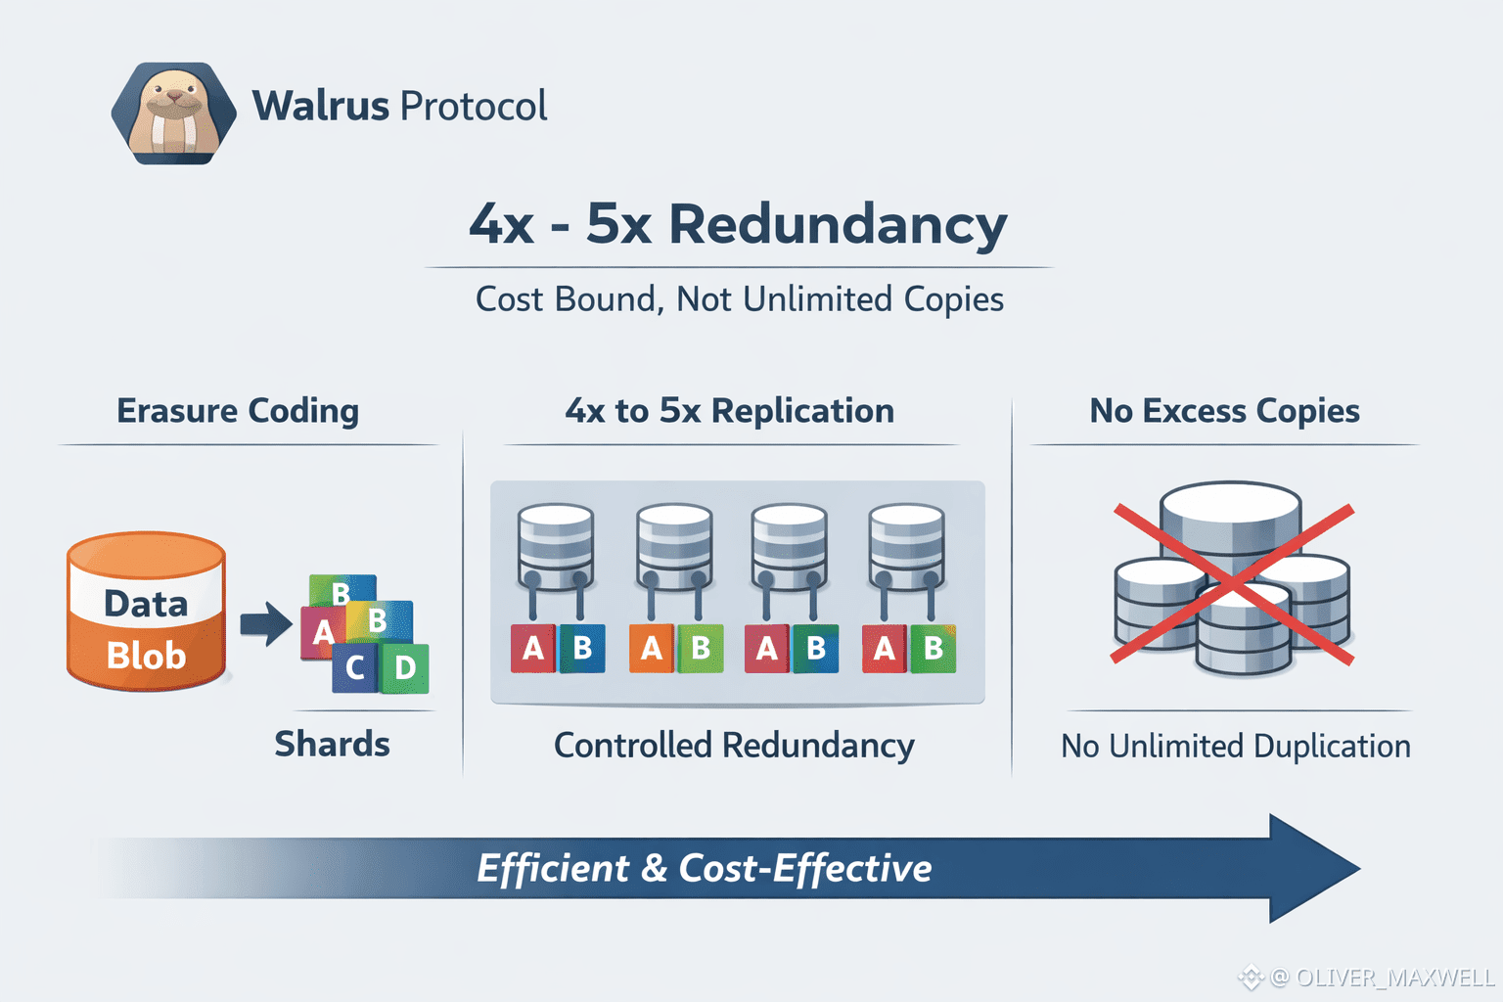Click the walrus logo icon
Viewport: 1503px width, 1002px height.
tap(174, 113)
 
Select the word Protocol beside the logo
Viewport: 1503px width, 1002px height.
tap(474, 106)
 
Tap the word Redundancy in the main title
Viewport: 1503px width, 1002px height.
tap(838, 224)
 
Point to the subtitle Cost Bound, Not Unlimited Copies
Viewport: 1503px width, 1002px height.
tap(740, 299)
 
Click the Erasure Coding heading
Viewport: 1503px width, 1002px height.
tap(238, 411)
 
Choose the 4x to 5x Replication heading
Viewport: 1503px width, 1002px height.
tap(730, 411)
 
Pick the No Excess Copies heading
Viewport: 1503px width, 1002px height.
tap(1224, 411)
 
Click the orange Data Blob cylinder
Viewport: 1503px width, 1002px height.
tap(147, 613)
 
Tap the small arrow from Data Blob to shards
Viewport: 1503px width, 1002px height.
tap(265, 623)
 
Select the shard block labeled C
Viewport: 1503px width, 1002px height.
tap(354, 668)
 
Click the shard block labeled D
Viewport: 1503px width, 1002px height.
tap(405, 668)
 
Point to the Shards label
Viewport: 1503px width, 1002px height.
tap(332, 745)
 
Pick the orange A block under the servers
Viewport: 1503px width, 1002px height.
tap(652, 649)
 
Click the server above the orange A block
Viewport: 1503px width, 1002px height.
tap(674, 548)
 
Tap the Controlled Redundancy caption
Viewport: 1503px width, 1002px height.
tap(734, 746)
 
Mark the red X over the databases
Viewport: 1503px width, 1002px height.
tap(1233, 584)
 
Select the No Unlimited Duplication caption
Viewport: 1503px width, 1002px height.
tap(1236, 747)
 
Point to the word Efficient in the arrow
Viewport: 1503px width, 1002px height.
tap(553, 868)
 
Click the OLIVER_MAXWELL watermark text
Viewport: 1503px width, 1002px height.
tap(1394, 978)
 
